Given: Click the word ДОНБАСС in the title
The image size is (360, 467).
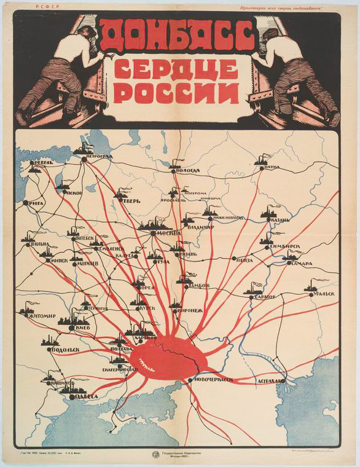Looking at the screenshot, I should tap(176, 34).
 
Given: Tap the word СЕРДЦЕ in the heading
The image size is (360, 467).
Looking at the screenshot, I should tap(176, 69).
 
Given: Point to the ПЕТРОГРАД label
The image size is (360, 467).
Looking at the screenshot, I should tap(98, 156).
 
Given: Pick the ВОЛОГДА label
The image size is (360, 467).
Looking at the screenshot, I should tap(187, 170).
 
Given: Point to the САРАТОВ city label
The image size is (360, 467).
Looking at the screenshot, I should tap(264, 297).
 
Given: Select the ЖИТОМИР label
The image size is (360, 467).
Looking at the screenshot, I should tap(41, 316).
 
